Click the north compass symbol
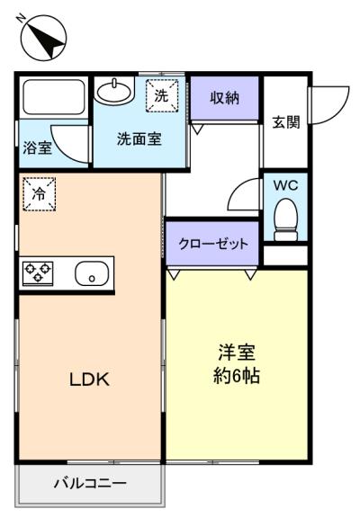point(43,38)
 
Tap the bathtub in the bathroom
point(53,96)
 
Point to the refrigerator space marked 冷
point(39,194)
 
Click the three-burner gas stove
point(38,272)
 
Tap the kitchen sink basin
point(92,273)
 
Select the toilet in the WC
point(286,219)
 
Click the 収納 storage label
point(224,98)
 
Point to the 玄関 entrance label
point(286,122)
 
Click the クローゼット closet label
point(212,244)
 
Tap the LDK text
point(89,380)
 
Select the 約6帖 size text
point(237,376)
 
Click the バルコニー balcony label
point(90,484)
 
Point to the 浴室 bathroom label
point(38,147)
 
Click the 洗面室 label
point(139,139)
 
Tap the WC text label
point(285,185)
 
